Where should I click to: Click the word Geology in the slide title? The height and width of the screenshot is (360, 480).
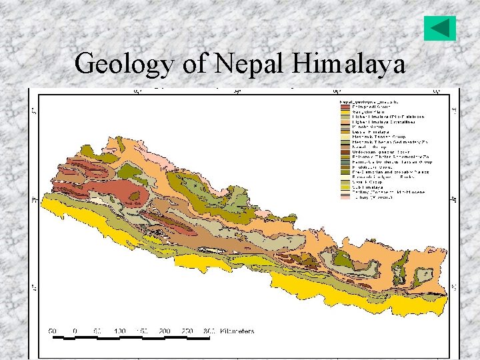point(126,65)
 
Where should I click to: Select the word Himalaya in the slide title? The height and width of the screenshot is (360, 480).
point(349,65)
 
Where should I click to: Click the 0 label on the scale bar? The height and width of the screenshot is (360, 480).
point(75,331)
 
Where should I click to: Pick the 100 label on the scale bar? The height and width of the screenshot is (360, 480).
point(120,331)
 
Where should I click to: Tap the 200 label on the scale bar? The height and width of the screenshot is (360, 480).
point(165,331)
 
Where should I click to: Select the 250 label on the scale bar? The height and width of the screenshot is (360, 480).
point(188,331)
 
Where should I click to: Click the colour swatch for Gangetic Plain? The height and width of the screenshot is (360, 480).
point(345,111)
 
